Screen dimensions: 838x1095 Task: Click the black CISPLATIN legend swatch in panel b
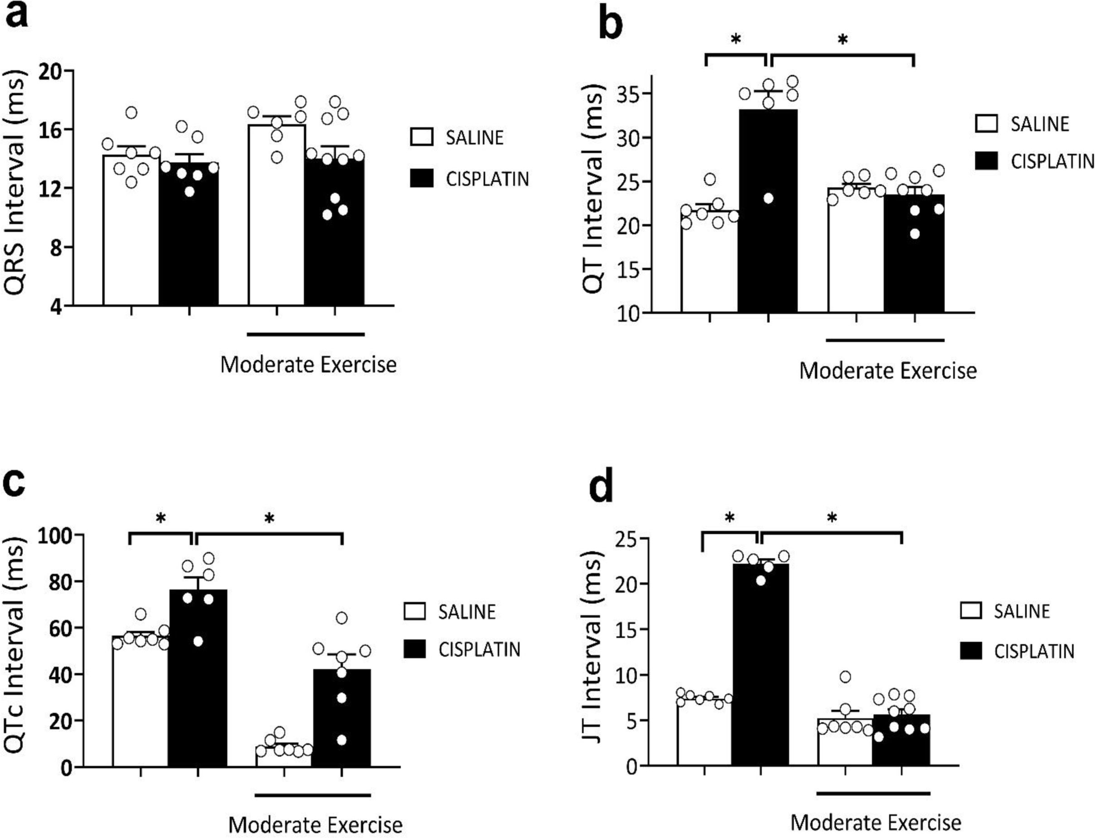(x=986, y=160)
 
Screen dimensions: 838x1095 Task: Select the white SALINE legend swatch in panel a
(x=422, y=137)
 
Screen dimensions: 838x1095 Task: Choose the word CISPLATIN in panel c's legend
(x=479, y=649)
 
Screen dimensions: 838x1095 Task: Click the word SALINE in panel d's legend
(x=1022, y=611)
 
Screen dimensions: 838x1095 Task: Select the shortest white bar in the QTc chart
(x=284, y=756)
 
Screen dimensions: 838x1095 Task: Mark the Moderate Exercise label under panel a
(x=308, y=365)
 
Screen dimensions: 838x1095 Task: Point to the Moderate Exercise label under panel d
(x=876, y=822)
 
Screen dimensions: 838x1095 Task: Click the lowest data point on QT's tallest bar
(x=768, y=199)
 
